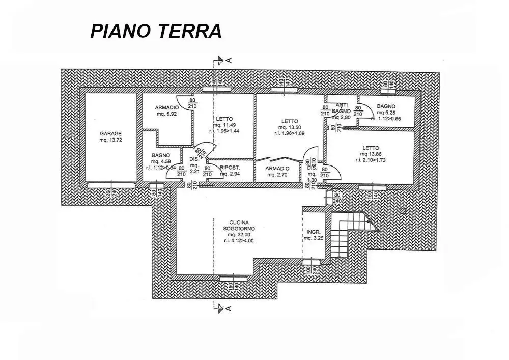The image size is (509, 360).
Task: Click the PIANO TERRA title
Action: click(x=156, y=31)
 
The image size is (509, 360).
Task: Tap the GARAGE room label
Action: click(x=110, y=136)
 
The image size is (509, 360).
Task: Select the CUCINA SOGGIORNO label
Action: click(x=238, y=231)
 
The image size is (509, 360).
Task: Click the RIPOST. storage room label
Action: click(x=229, y=171)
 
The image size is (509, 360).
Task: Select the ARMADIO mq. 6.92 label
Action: click(x=167, y=110)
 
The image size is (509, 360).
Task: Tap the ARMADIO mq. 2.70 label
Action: click(x=277, y=171)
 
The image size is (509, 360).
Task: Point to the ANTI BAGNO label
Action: click(x=341, y=110)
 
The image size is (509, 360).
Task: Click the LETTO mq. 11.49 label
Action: click(x=224, y=125)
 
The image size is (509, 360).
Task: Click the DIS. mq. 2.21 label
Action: click(x=193, y=165)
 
